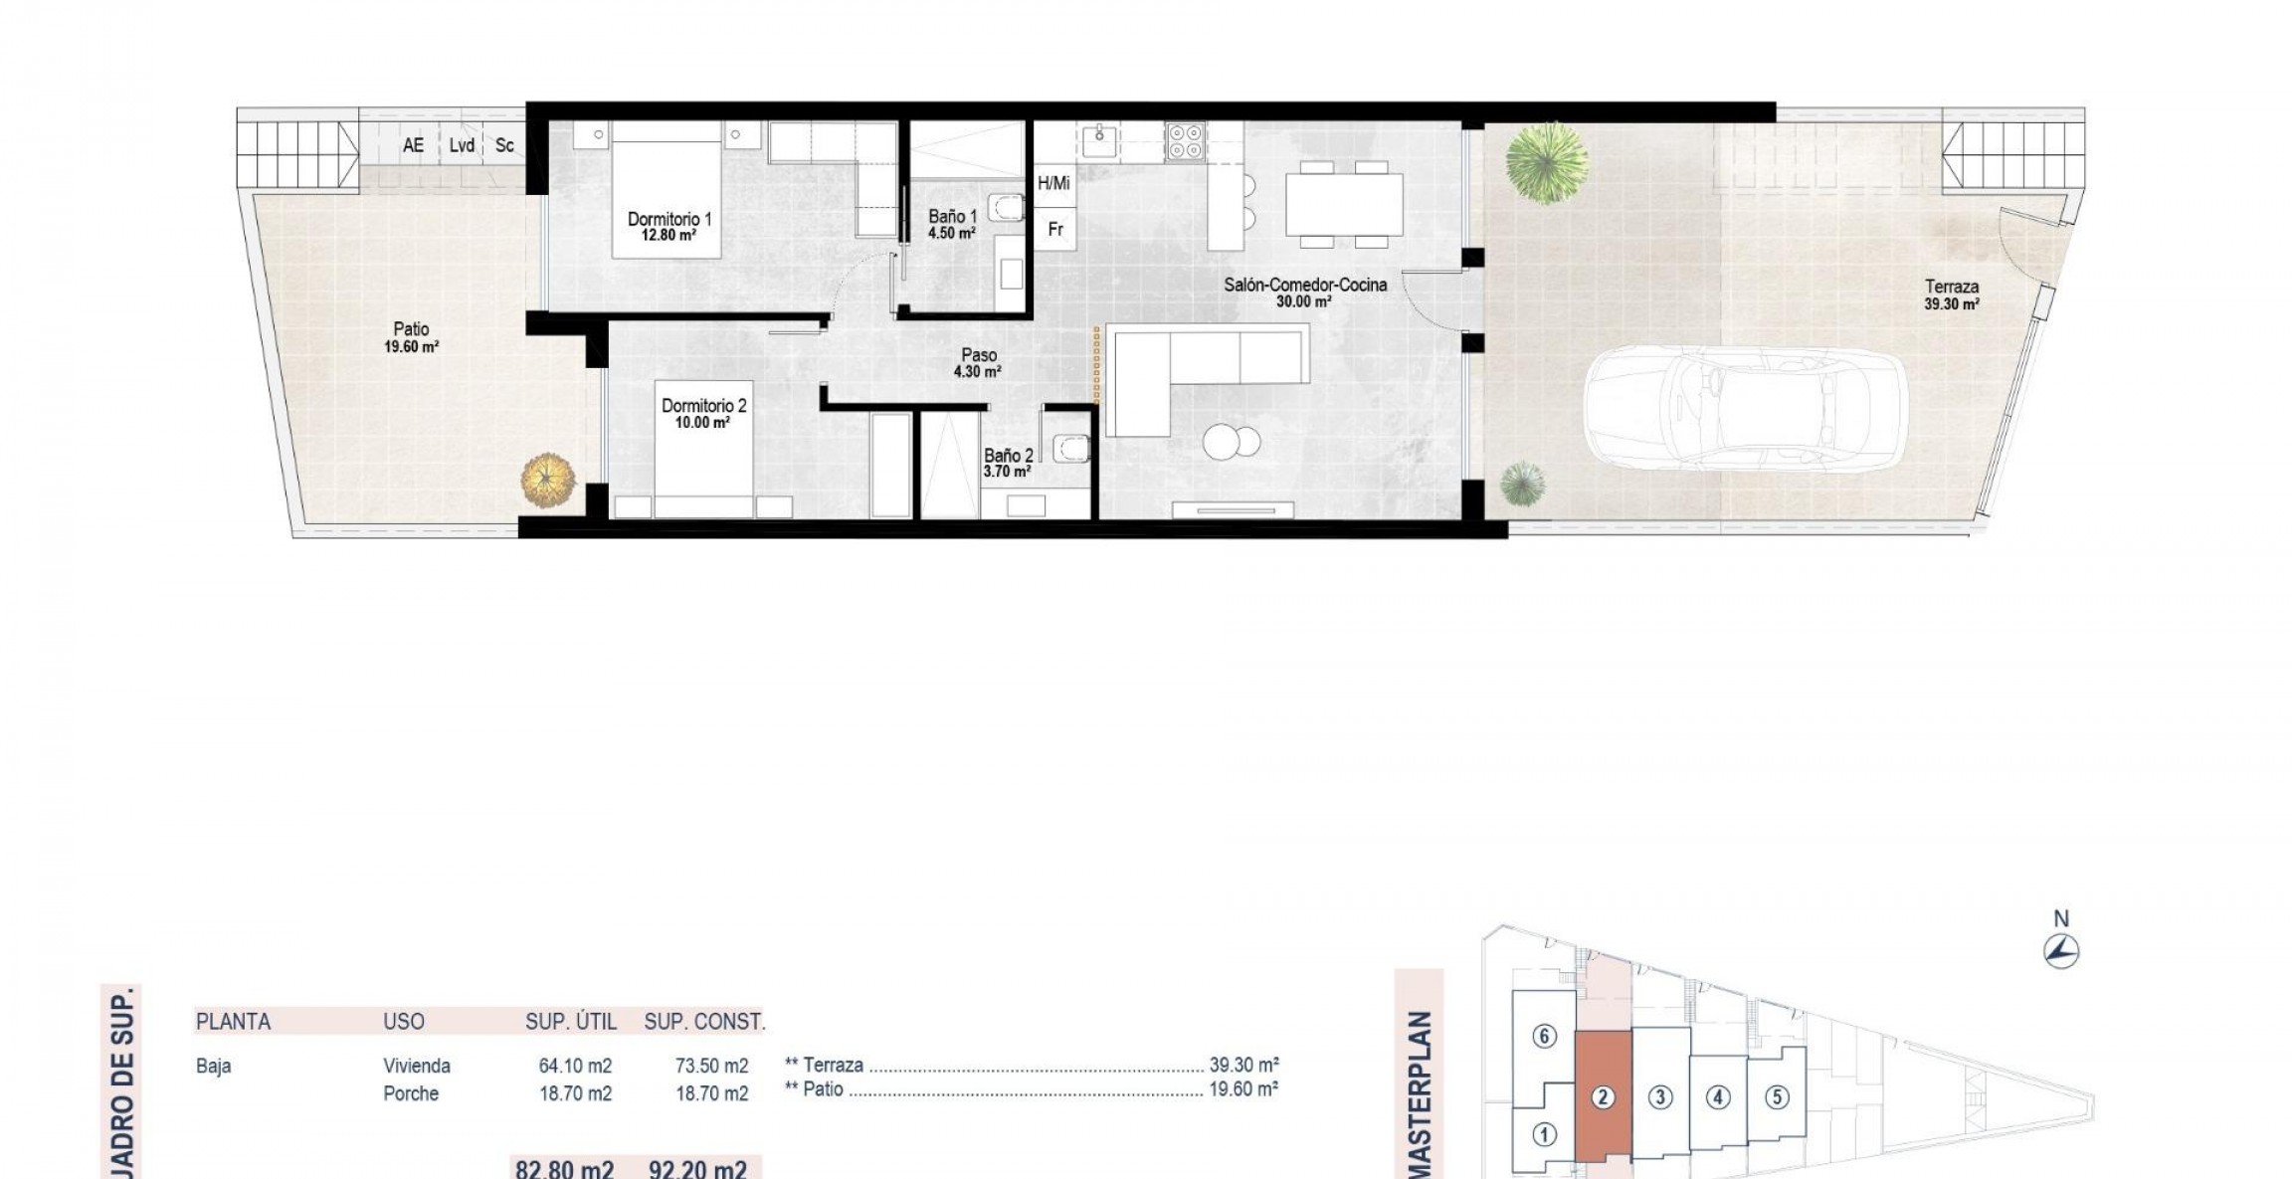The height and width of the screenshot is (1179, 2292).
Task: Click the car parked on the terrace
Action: [1744, 408]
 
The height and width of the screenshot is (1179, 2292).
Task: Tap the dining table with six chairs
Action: [1343, 204]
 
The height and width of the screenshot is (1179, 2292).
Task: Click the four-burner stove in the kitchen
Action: [1185, 141]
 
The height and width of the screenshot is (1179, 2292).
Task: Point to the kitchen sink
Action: [1099, 142]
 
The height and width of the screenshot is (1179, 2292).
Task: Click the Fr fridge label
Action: [1055, 230]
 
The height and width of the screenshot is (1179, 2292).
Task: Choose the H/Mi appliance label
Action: [1053, 183]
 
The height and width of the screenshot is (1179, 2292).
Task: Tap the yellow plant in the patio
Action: [547, 480]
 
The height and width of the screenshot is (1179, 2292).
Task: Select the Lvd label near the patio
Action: [462, 146]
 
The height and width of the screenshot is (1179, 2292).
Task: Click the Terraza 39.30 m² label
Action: [1951, 295]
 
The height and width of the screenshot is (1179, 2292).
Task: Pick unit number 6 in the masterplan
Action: [1544, 1037]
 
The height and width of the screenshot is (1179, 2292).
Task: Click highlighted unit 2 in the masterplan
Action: [1602, 1098]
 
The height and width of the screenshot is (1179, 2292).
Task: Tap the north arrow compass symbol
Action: [2061, 951]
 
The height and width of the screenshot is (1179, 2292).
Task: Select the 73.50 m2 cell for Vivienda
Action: [711, 1067]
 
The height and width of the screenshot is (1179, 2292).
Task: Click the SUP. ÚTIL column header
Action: [571, 1022]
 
